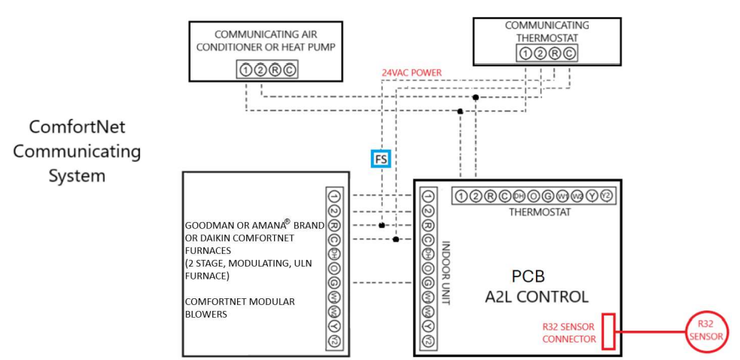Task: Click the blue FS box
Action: pos(381,159)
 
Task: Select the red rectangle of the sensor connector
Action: pos(608,332)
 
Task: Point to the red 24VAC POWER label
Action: pos(411,73)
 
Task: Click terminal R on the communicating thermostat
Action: pos(555,53)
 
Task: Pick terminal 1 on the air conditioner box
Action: pos(246,70)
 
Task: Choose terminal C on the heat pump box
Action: pos(289,70)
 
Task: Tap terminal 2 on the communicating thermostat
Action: pos(541,53)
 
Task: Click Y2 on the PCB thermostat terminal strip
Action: pos(607,197)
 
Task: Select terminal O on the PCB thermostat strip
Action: pos(534,197)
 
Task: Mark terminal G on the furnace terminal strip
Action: pos(334,282)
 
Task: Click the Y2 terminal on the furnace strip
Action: pos(334,341)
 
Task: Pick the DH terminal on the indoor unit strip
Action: pos(428,254)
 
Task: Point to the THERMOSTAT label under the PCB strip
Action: pos(539,212)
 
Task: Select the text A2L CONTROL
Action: pos(536,297)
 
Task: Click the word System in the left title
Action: pos(76,176)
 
